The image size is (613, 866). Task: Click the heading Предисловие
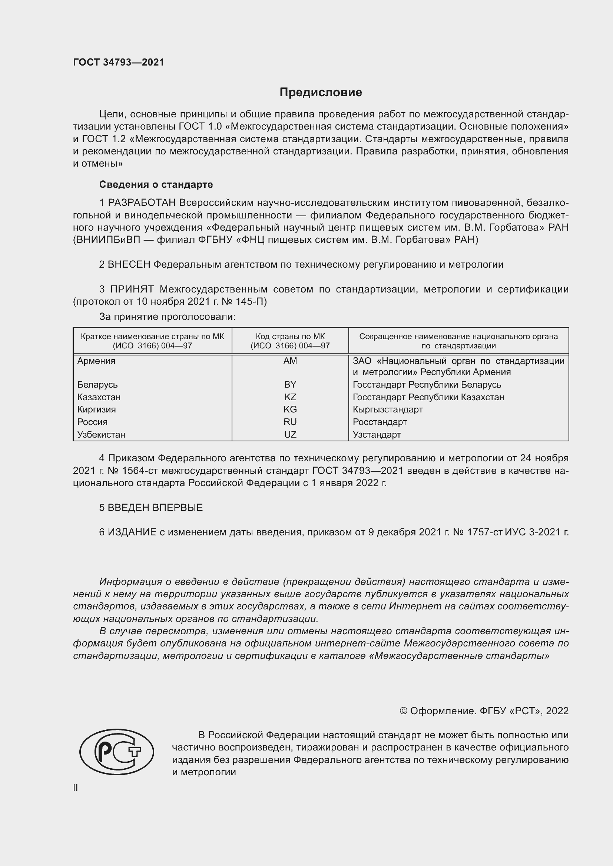click(x=321, y=93)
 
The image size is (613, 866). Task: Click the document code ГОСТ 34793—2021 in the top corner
click(x=119, y=62)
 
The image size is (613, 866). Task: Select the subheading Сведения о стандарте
click(x=156, y=184)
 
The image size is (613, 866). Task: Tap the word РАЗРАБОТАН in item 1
click(x=142, y=203)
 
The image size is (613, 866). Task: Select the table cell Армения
click(x=96, y=361)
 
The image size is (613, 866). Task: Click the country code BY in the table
click(x=290, y=384)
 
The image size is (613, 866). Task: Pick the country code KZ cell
click(x=290, y=397)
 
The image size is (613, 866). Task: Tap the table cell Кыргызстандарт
click(x=388, y=409)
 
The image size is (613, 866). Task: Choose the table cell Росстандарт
click(x=380, y=422)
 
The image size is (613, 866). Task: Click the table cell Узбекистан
click(x=101, y=434)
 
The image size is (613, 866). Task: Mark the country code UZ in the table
click(x=290, y=434)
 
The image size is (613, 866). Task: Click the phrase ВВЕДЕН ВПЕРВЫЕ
click(x=155, y=508)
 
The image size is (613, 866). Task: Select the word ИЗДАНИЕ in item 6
click(x=132, y=532)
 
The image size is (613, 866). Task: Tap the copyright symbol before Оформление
click(x=403, y=711)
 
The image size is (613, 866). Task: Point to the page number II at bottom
click(x=76, y=788)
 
